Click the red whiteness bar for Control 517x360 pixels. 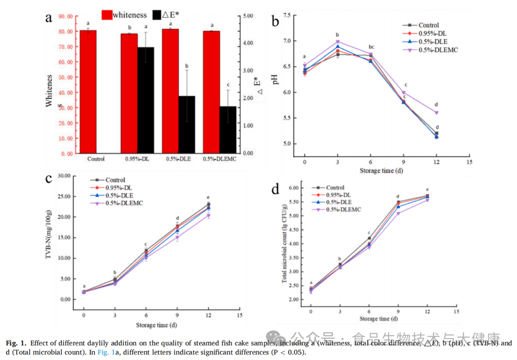pos(88,91)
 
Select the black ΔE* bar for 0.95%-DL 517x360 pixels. pos(146,100)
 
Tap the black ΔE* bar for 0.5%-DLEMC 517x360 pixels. pos(228,129)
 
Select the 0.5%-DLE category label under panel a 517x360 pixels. pos(178,159)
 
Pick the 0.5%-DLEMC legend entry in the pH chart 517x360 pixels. pos(435,49)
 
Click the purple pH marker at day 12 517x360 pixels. pos(436,112)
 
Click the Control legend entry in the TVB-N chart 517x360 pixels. pos(115,180)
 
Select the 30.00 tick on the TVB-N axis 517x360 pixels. pos(63,176)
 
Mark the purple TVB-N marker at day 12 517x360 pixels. pos(208,216)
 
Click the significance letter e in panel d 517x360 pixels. pos(427,190)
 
